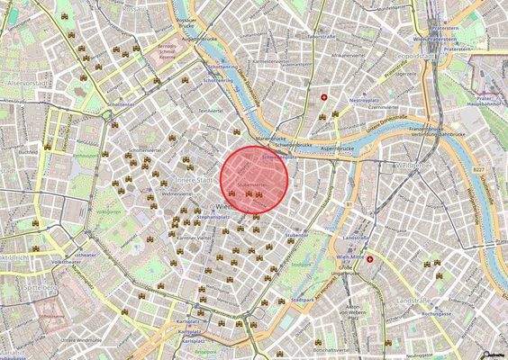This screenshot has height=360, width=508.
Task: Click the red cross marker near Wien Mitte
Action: (369, 259)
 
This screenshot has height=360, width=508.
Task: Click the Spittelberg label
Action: (19, 287)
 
